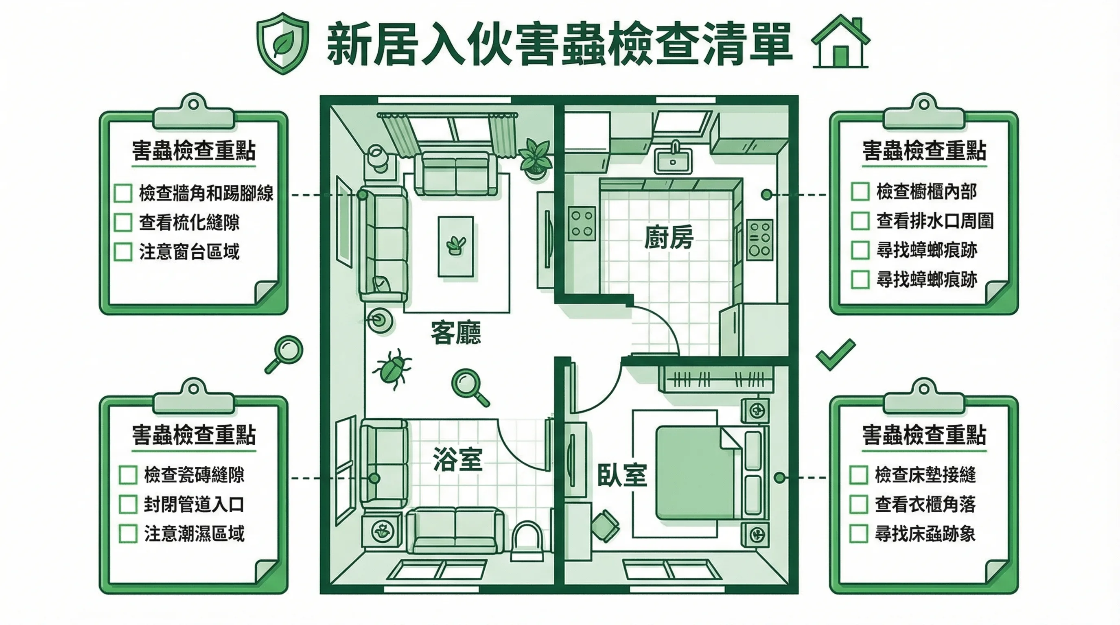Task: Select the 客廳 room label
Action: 456,333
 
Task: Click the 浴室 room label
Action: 457,459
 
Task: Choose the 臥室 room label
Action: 622,474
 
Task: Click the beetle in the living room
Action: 391,369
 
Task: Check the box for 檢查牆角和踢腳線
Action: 123,193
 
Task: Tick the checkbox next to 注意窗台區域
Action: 123,251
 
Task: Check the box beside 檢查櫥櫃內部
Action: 860,192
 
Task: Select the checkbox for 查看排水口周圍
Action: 860,221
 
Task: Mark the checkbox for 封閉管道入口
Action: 128,504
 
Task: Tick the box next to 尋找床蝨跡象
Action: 858,534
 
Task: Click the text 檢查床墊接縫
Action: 925,474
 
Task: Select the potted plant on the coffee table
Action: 456,246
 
